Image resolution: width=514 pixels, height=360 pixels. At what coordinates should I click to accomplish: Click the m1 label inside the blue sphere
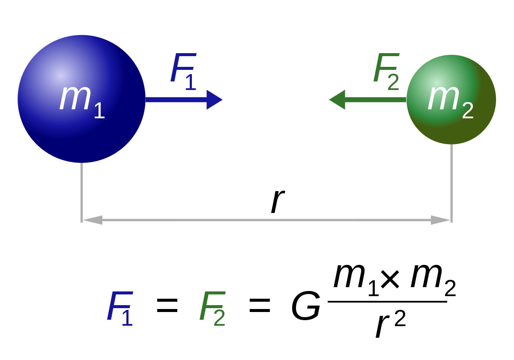point(82,102)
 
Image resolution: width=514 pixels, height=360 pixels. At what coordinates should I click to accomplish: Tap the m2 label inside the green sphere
point(451,102)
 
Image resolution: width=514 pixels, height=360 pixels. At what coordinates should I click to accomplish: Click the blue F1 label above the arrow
point(183,72)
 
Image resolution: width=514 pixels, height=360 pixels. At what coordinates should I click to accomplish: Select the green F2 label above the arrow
point(386,72)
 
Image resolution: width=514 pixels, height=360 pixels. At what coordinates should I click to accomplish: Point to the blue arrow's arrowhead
point(215,99)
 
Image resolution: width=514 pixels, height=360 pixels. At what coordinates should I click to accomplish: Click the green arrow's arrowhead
point(337,99)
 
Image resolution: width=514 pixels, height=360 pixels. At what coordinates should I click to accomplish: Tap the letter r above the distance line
point(278,201)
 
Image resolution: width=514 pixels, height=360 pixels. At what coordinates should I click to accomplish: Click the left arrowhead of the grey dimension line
point(93,220)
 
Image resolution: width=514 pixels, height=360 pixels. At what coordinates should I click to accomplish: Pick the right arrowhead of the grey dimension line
point(440,220)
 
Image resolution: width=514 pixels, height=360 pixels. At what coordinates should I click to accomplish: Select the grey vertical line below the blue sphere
point(81,192)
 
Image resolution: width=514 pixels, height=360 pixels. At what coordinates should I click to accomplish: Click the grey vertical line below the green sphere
point(451,183)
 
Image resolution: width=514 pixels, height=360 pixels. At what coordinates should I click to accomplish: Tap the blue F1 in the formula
point(120,309)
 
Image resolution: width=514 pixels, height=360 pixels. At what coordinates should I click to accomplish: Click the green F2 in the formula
point(212,309)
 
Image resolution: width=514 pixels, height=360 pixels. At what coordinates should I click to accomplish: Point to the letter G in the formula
point(306,306)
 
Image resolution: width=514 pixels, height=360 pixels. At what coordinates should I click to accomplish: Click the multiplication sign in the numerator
point(390,279)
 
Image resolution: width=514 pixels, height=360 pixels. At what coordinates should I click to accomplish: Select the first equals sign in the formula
point(167,306)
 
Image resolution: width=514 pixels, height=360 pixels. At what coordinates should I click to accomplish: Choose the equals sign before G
point(260,306)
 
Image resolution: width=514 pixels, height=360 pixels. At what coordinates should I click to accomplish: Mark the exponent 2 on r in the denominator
point(400,318)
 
